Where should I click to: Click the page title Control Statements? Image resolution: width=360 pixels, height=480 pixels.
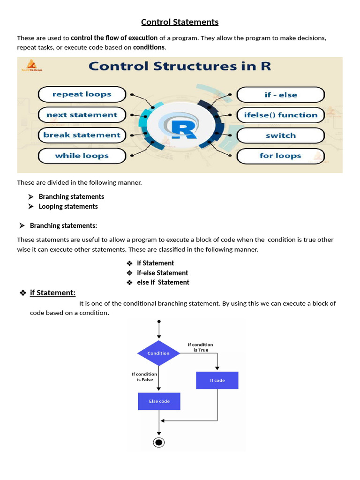180,22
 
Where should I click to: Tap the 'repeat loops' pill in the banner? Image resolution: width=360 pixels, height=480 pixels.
82,94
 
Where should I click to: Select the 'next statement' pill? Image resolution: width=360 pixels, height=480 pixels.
82,115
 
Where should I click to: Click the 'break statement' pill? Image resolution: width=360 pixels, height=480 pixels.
82,135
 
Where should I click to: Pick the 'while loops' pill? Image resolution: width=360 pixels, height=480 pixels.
82,156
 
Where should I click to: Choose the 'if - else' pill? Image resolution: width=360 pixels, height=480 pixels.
280,95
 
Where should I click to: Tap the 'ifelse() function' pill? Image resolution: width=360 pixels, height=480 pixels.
280,115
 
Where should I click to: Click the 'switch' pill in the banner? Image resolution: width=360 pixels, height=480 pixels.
280,135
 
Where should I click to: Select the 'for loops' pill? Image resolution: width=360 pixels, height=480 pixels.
280,156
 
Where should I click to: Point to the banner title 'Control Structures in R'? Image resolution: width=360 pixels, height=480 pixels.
180,66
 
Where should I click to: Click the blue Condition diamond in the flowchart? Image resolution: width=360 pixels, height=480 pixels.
158,353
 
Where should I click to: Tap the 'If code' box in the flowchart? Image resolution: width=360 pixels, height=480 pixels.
217,380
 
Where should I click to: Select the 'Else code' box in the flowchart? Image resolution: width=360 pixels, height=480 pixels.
159,401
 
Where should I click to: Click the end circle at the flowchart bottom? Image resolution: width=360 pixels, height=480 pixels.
159,442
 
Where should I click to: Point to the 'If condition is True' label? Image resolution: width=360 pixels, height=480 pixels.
200,347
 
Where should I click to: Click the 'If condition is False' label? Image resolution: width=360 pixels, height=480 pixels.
144,377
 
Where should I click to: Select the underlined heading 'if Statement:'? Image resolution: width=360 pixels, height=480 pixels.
52,293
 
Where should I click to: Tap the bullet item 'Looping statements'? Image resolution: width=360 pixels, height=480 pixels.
68,206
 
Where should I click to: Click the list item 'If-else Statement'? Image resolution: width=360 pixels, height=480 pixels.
162,273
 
